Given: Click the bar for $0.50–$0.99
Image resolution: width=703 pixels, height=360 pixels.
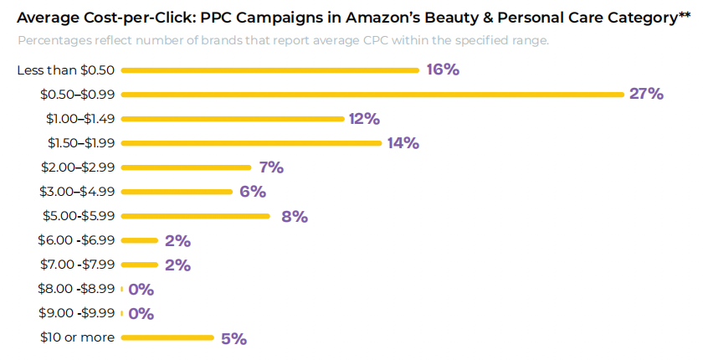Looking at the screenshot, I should (x=372, y=95).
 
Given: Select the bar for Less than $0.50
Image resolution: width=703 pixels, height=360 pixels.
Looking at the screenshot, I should (x=269, y=70).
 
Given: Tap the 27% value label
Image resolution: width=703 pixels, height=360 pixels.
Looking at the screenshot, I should (x=646, y=94).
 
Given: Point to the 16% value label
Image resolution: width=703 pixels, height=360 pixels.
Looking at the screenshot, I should (x=442, y=69).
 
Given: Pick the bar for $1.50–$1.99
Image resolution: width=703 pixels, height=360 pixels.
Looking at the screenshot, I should (x=251, y=143).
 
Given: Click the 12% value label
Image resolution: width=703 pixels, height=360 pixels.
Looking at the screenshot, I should (x=365, y=119).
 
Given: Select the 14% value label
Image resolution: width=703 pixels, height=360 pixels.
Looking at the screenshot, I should (x=403, y=143).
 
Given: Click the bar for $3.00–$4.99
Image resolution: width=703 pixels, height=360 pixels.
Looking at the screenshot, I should (x=177, y=192).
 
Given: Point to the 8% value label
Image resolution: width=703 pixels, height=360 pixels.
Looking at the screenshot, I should (x=295, y=217).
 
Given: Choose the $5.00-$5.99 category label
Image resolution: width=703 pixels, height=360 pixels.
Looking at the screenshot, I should (x=77, y=216).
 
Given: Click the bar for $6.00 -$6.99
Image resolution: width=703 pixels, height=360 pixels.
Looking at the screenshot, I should (x=139, y=241).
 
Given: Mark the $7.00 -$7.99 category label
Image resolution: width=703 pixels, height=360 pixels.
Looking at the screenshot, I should (x=76, y=265).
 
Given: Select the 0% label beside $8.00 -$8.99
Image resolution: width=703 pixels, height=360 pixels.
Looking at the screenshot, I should (x=141, y=290).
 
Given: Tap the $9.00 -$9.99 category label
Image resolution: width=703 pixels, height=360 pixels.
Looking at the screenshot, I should (x=76, y=314).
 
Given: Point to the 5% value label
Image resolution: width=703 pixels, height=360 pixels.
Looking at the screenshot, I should (x=233, y=339).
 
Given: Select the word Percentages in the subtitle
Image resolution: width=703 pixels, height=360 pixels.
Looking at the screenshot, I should (x=57, y=41).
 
